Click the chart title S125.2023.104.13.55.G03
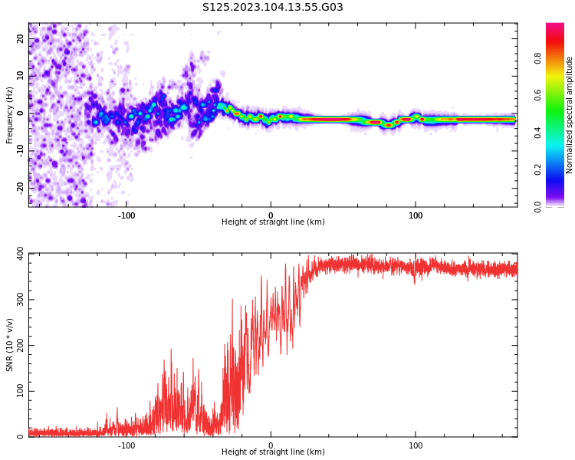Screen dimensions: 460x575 [x=273, y=8]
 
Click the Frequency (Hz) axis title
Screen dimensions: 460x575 [x=10, y=115]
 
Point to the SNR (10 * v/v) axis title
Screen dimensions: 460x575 [x=10, y=345]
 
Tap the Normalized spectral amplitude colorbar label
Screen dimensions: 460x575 [x=570, y=115]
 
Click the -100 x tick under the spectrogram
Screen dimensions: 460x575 [x=127, y=215]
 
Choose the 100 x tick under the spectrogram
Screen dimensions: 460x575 [x=416, y=215]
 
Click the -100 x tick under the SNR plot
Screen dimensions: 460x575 [x=127, y=445]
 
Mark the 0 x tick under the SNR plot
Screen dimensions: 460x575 [x=271, y=445]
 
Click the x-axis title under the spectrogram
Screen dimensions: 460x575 [x=273, y=222]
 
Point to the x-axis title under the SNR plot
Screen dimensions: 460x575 [x=273, y=452]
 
